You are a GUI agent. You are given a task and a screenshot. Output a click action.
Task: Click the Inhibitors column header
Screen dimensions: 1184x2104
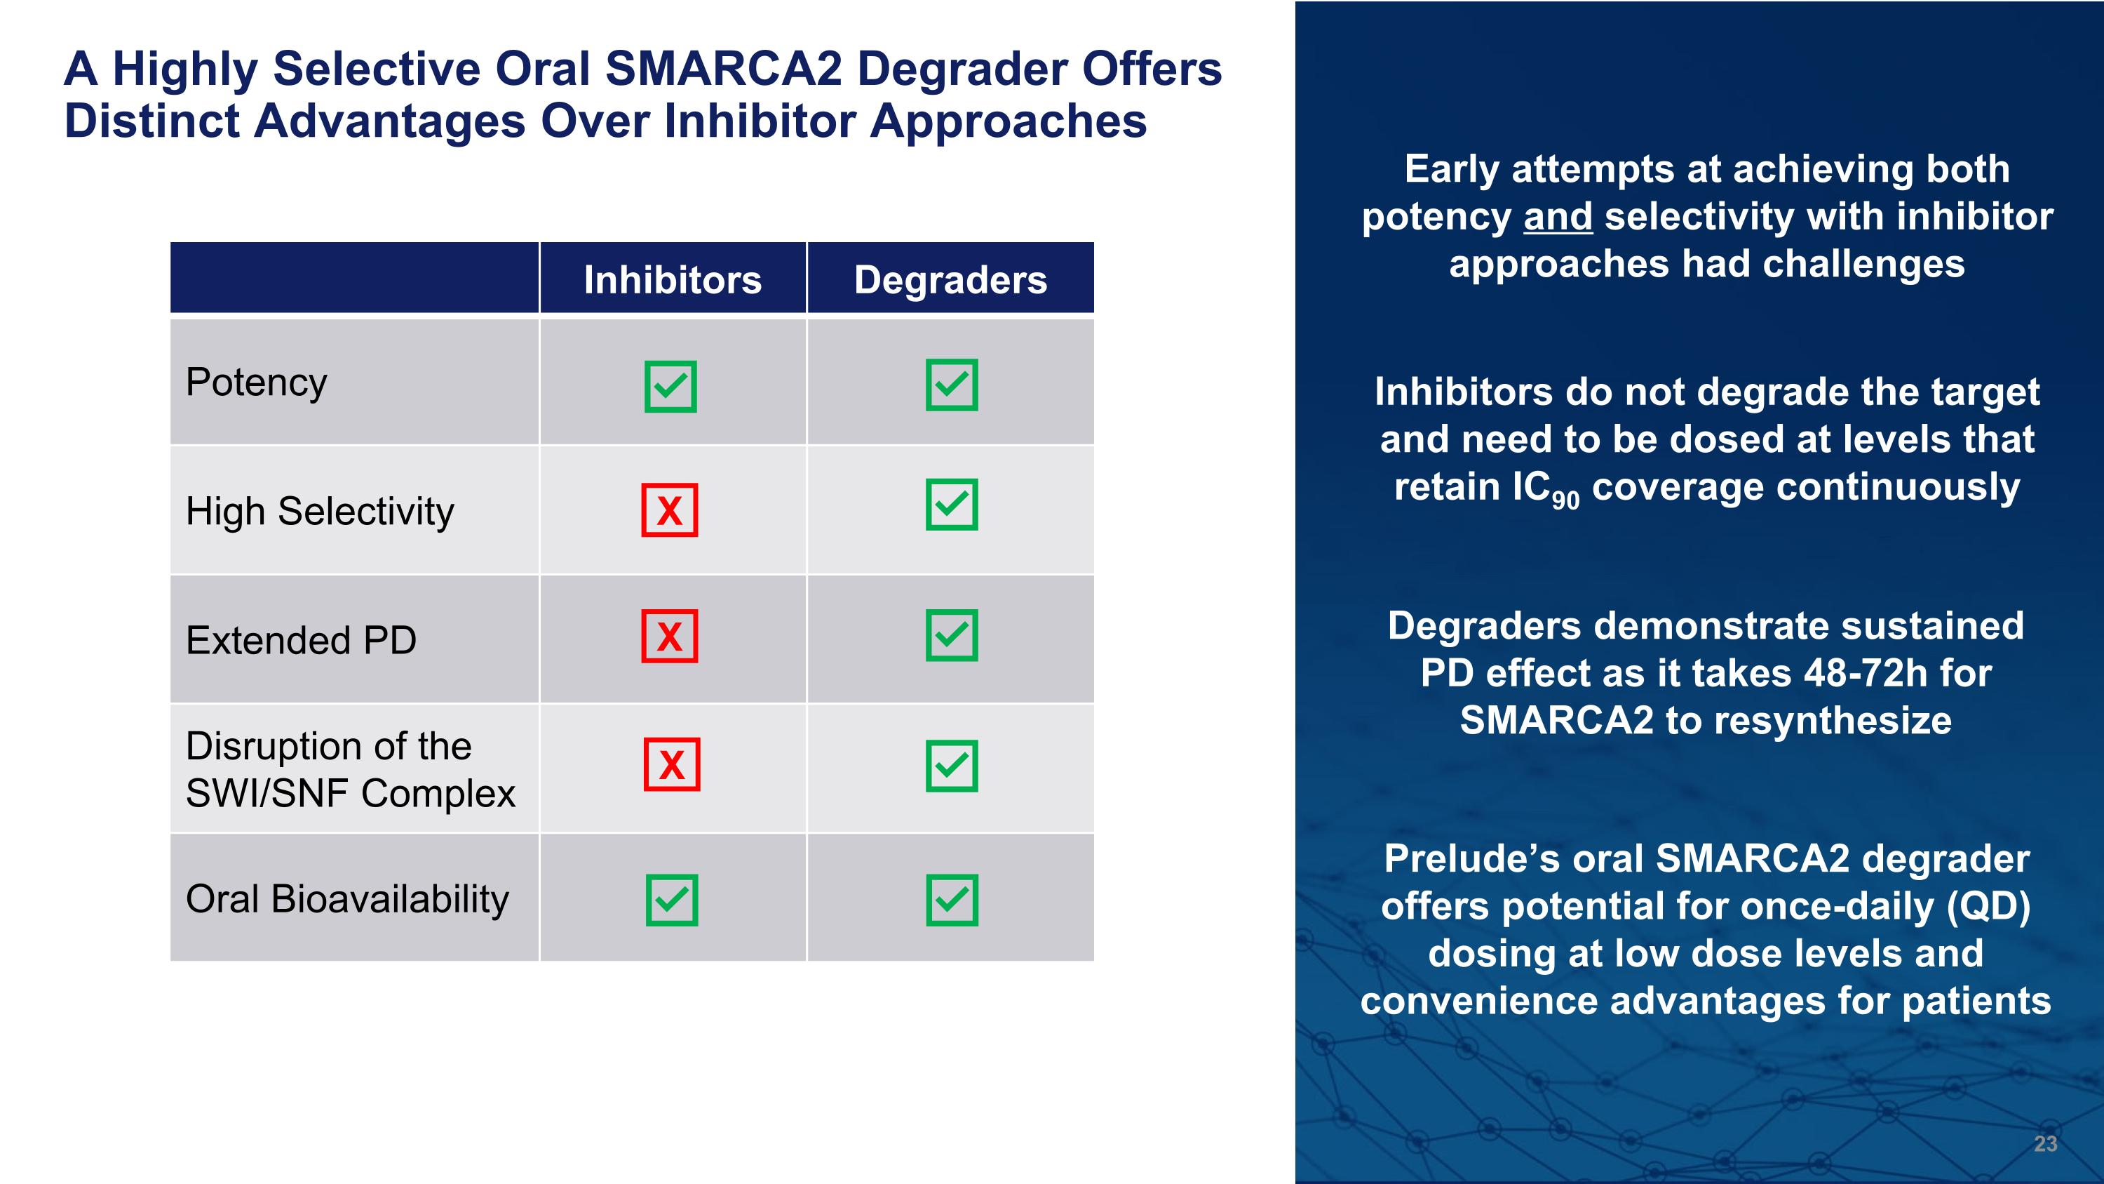point(672,279)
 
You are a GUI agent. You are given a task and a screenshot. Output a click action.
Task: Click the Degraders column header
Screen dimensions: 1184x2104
point(950,279)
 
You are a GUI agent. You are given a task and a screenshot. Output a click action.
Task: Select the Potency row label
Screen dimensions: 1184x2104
point(257,383)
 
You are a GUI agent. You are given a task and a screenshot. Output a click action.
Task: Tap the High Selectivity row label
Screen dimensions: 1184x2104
point(319,512)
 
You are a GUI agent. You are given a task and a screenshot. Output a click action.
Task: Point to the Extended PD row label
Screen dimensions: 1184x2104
point(301,640)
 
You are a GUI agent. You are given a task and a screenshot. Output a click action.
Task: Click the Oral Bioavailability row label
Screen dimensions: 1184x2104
point(347,899)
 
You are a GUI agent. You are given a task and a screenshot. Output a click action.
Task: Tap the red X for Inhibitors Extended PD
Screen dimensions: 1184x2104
point(670,636)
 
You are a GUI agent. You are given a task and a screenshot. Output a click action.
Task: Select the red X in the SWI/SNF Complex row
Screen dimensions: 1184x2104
point(671,765)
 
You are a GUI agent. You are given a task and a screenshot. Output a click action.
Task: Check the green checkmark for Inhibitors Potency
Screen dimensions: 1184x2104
point(670,386)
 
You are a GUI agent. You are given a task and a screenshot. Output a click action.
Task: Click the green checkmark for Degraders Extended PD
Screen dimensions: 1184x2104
point(952,635)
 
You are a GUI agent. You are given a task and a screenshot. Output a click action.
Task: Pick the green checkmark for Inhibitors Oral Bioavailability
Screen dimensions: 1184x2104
point(671,900)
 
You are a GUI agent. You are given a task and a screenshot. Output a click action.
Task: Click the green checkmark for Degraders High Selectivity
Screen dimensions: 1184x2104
point(952,504)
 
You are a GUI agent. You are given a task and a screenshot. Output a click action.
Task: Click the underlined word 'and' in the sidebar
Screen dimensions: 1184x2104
point(1558,218)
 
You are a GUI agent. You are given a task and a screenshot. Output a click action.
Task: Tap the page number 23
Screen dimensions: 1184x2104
point(2045,1144)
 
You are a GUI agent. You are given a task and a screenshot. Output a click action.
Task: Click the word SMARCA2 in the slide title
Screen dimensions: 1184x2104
point(723,69)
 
